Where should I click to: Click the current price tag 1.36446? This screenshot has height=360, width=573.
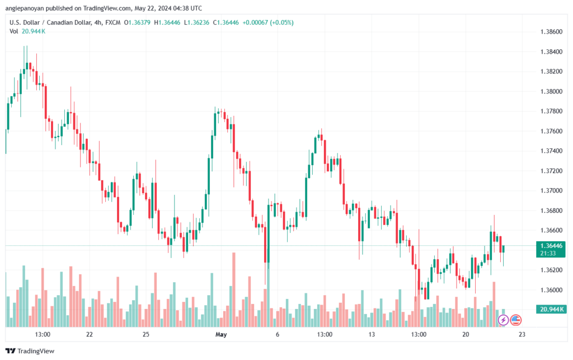[549, 245]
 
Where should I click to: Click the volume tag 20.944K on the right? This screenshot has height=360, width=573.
[549, 309]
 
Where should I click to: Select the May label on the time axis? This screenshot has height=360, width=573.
[222, 334]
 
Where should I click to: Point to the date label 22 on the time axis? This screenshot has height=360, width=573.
[90, 334]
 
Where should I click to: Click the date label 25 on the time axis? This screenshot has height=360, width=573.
[145, 334]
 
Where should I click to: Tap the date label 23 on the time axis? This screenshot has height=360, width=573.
[522, 334]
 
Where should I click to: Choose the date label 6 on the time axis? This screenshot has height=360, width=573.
[278, 334]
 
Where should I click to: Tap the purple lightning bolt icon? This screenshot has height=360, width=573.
[502, 320]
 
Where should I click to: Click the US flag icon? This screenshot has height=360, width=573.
[515, 320]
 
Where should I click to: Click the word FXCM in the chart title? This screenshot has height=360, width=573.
[112, 22]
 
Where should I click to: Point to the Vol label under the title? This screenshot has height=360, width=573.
[14, 31]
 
